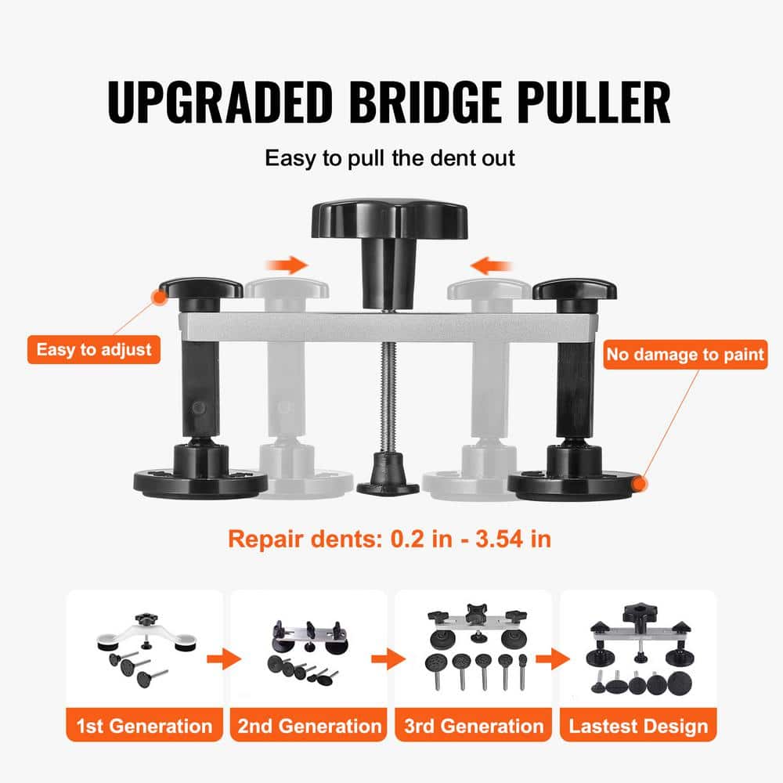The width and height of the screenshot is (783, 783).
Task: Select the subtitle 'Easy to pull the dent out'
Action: (390, 157)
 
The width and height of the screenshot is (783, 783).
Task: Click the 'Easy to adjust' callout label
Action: (94, 348)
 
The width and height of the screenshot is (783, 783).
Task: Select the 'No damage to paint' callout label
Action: (685, 355)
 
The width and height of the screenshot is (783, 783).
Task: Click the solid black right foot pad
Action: (575, 482)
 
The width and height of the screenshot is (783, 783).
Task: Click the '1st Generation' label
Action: (144, 725)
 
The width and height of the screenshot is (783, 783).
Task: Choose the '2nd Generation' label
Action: (309, 725)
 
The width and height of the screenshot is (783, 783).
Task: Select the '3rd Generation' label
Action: (473, 725)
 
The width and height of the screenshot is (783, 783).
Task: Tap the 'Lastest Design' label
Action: (637, 725)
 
